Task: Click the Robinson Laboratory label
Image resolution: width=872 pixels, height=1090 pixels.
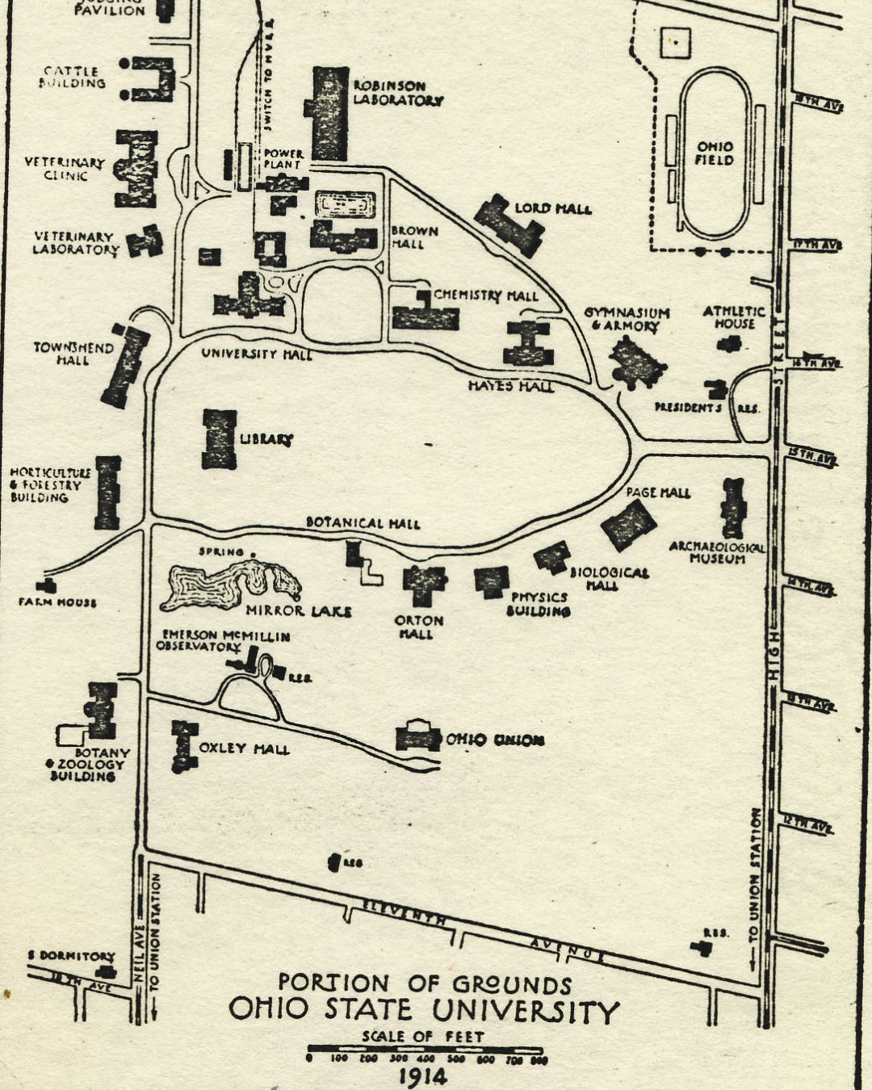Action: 397,93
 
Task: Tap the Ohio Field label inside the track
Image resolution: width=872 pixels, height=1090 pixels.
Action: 715,153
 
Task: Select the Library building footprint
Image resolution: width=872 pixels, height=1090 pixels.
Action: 219,439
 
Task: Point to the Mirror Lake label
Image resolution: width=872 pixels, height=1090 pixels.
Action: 299,611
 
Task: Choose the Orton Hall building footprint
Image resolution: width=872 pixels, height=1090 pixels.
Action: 424,583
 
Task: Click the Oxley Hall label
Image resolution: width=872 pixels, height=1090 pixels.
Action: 244,749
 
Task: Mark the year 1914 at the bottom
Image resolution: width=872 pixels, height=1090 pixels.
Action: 422,1076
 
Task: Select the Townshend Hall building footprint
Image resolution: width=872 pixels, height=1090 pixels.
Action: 125,366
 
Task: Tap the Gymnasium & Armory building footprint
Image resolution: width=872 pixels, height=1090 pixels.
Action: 638,362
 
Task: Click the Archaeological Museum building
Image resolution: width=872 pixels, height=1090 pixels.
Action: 733,508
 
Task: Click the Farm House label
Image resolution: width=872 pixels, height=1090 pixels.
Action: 57,602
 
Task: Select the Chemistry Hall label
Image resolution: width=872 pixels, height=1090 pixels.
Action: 485,296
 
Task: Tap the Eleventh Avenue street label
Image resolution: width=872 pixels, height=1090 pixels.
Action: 404,913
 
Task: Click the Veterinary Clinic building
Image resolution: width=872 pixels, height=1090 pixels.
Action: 136,169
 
